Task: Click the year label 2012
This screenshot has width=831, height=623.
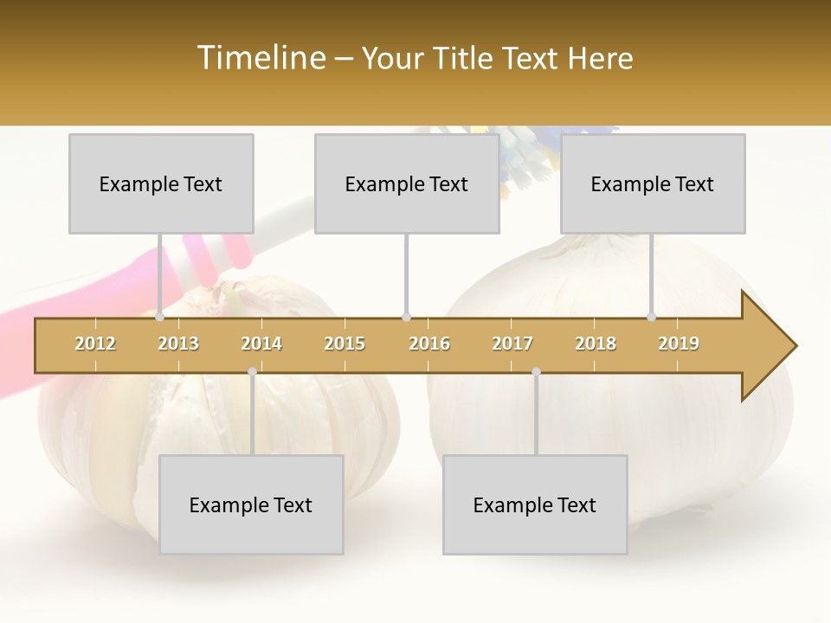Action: [x=95, y=344]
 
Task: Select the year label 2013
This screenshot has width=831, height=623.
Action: [x=178, y=344]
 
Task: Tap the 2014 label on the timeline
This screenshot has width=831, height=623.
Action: [x=261, y=344]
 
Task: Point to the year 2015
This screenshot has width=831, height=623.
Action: [x=345, y=344]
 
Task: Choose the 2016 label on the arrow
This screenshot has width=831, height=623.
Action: [x=429, y=344]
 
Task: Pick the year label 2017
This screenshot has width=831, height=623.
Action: [x=512, y=344]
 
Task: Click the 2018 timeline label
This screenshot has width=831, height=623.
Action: [x=596, y=344]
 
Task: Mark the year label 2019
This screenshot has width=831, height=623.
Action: [x=679, y=344]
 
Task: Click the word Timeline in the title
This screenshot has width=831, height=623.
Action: [x=261, y=58]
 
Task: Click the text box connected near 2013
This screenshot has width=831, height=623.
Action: [x=161, y=183]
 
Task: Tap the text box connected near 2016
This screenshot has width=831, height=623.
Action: [x=407, y=183]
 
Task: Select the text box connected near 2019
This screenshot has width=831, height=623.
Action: [x=653, y=183]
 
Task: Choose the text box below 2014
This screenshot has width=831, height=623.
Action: [x=251, y=504]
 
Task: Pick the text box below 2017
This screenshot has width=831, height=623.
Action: [x=535, y=504]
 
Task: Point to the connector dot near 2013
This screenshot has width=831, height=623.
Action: [x=159, y=317]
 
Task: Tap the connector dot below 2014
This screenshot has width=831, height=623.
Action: [x=252, y=371]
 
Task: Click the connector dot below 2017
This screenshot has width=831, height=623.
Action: [x=536, y=371]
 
